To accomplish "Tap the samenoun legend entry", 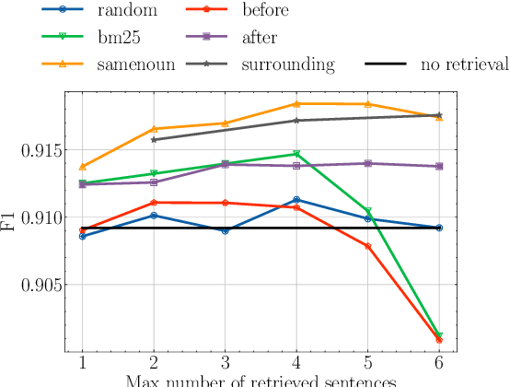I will click(x=130, y=64).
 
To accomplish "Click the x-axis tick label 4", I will click(x=296, y=363).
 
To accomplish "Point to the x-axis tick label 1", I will click(x=83, y=363).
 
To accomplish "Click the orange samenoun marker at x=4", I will click(x=296, y=104).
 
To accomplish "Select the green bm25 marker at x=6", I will click(x=438, y=335).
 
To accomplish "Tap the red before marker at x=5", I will click(x=367, y=246).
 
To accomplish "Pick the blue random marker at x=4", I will click(x=296, y=199).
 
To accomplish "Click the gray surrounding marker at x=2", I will click(x=154, y=139).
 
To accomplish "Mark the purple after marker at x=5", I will click(x=367, y=163).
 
